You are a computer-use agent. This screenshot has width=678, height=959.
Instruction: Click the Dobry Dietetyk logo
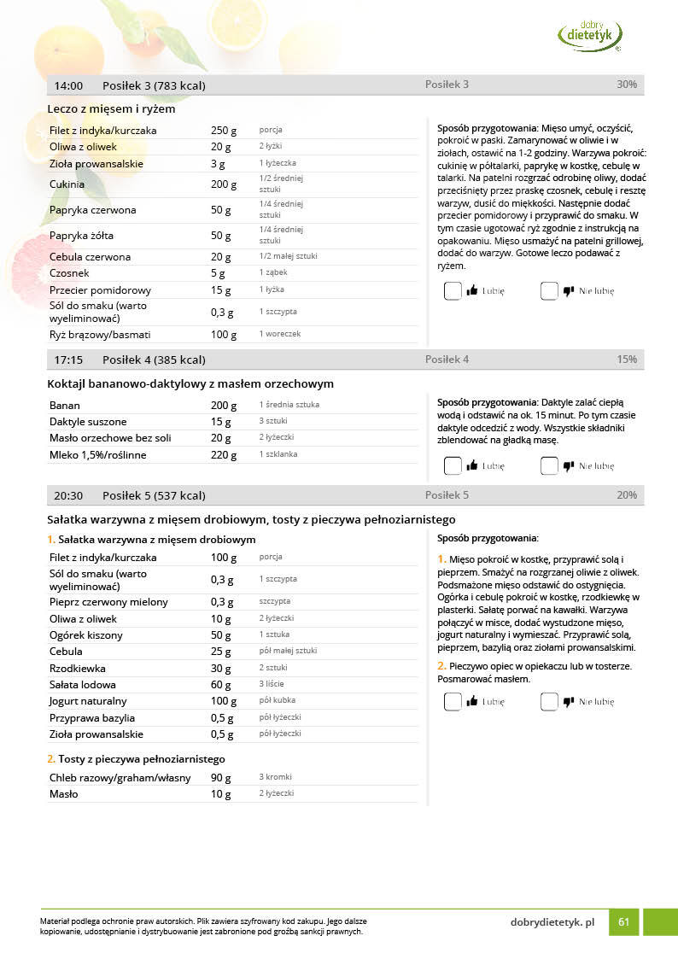pyautogui.click(x=590, y=35)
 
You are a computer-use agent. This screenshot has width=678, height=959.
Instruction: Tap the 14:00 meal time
pyautogui.click(x=68, y=85)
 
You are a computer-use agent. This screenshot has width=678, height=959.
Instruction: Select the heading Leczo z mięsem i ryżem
pyautogui.click(x=112, y=109)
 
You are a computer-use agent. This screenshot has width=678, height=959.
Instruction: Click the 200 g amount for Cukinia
pyautogui.click(x=224, y=184)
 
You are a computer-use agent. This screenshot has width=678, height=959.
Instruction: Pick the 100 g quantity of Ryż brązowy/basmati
pyautogui.click(x=224, y=335)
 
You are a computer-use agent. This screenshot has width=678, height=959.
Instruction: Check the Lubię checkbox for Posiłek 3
pyautogui.click(x=453, y=291)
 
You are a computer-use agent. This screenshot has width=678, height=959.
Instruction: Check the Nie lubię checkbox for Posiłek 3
pyautogui.click(x=549, y=291)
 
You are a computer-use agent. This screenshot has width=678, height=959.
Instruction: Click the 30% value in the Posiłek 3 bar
pyautogui.click(x=627, y=85)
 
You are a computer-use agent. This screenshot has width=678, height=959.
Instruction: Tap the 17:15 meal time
pyautogui.click(x=68, y=360)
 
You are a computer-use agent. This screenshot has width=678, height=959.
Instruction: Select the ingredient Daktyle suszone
pyautogui.click(x=88, y=422)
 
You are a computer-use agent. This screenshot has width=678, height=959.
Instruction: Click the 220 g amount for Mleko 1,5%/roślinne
pyautogui.click(x=224, y=455)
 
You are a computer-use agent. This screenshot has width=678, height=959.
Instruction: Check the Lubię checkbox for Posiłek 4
pyautogui.click(x=453, y=466)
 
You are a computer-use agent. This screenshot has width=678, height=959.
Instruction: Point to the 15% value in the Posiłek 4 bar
pyautogui.click(x=627, y=360)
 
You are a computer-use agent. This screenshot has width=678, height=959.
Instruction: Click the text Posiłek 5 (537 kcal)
pyautogui.click(x=154, y=495)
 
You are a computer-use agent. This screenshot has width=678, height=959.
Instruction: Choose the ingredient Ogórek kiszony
pyautogui.click(x=86, y=635)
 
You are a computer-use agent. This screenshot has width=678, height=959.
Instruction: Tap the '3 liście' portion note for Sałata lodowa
pyautogui.click(x=272, y=684)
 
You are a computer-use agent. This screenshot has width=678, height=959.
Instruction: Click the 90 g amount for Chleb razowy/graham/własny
pyautogui.click(x=221, y=778)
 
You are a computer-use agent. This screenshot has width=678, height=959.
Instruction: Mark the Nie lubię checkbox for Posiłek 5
pyautogui.click(x=549, y=702)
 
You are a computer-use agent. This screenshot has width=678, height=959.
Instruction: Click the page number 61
pyautogui.click(x=624, y=922)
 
